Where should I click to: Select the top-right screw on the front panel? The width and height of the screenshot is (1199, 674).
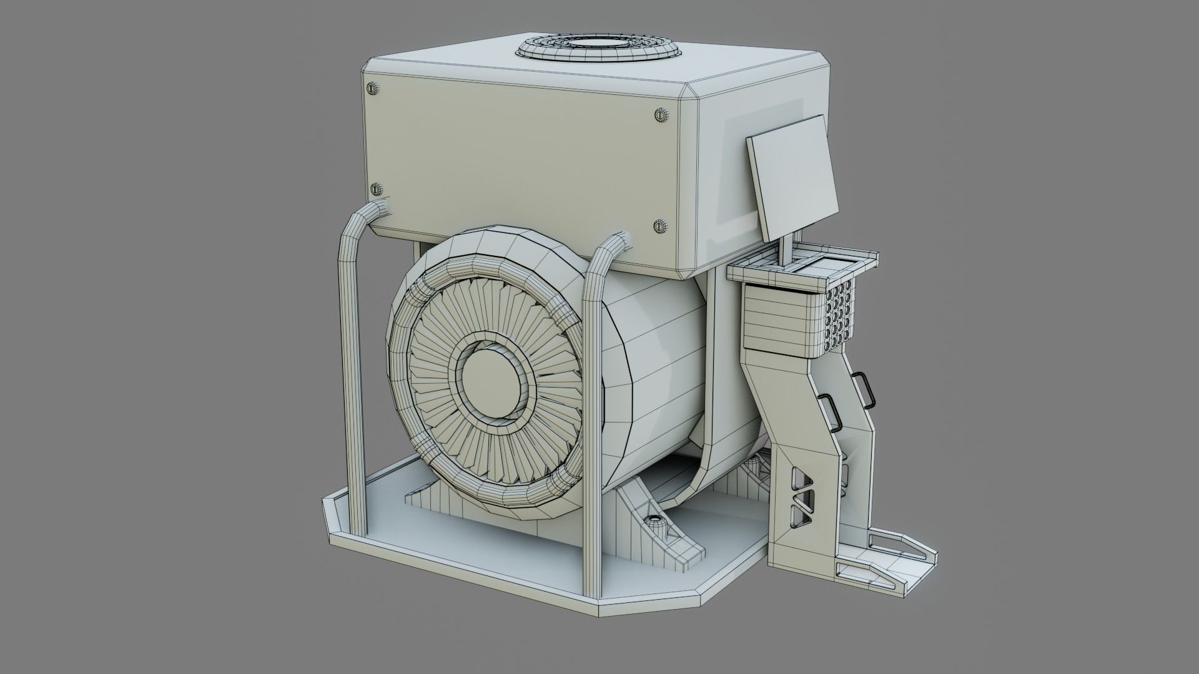661,115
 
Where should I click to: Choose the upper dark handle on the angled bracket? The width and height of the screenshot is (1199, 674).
864,387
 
